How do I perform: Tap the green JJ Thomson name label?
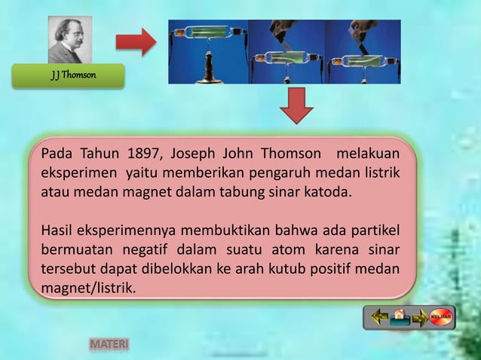pyautogui.click(x=68, y=76)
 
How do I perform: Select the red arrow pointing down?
pyautogui.click(x=296, y=106)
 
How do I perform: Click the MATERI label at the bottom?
pyautogui.click(x=109, y=344)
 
